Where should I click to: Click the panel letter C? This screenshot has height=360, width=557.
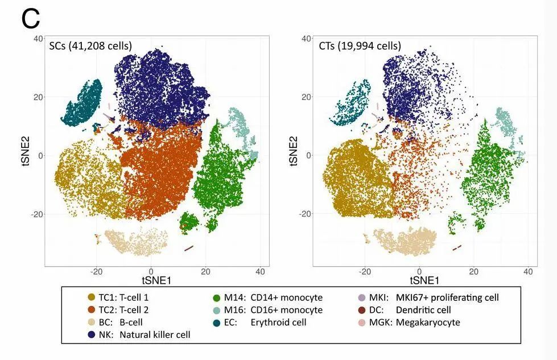[31, 18]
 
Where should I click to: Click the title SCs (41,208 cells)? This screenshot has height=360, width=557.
[90, 45]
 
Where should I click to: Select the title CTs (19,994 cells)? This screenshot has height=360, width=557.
[360, 45]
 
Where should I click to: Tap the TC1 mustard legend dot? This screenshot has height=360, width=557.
[92, 297]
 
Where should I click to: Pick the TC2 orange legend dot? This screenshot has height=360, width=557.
[92, 310]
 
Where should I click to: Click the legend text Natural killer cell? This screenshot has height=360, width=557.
[155, 335]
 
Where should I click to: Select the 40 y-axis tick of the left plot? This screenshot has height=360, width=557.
[38, 39]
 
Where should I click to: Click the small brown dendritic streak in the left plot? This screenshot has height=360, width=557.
[189, 248]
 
